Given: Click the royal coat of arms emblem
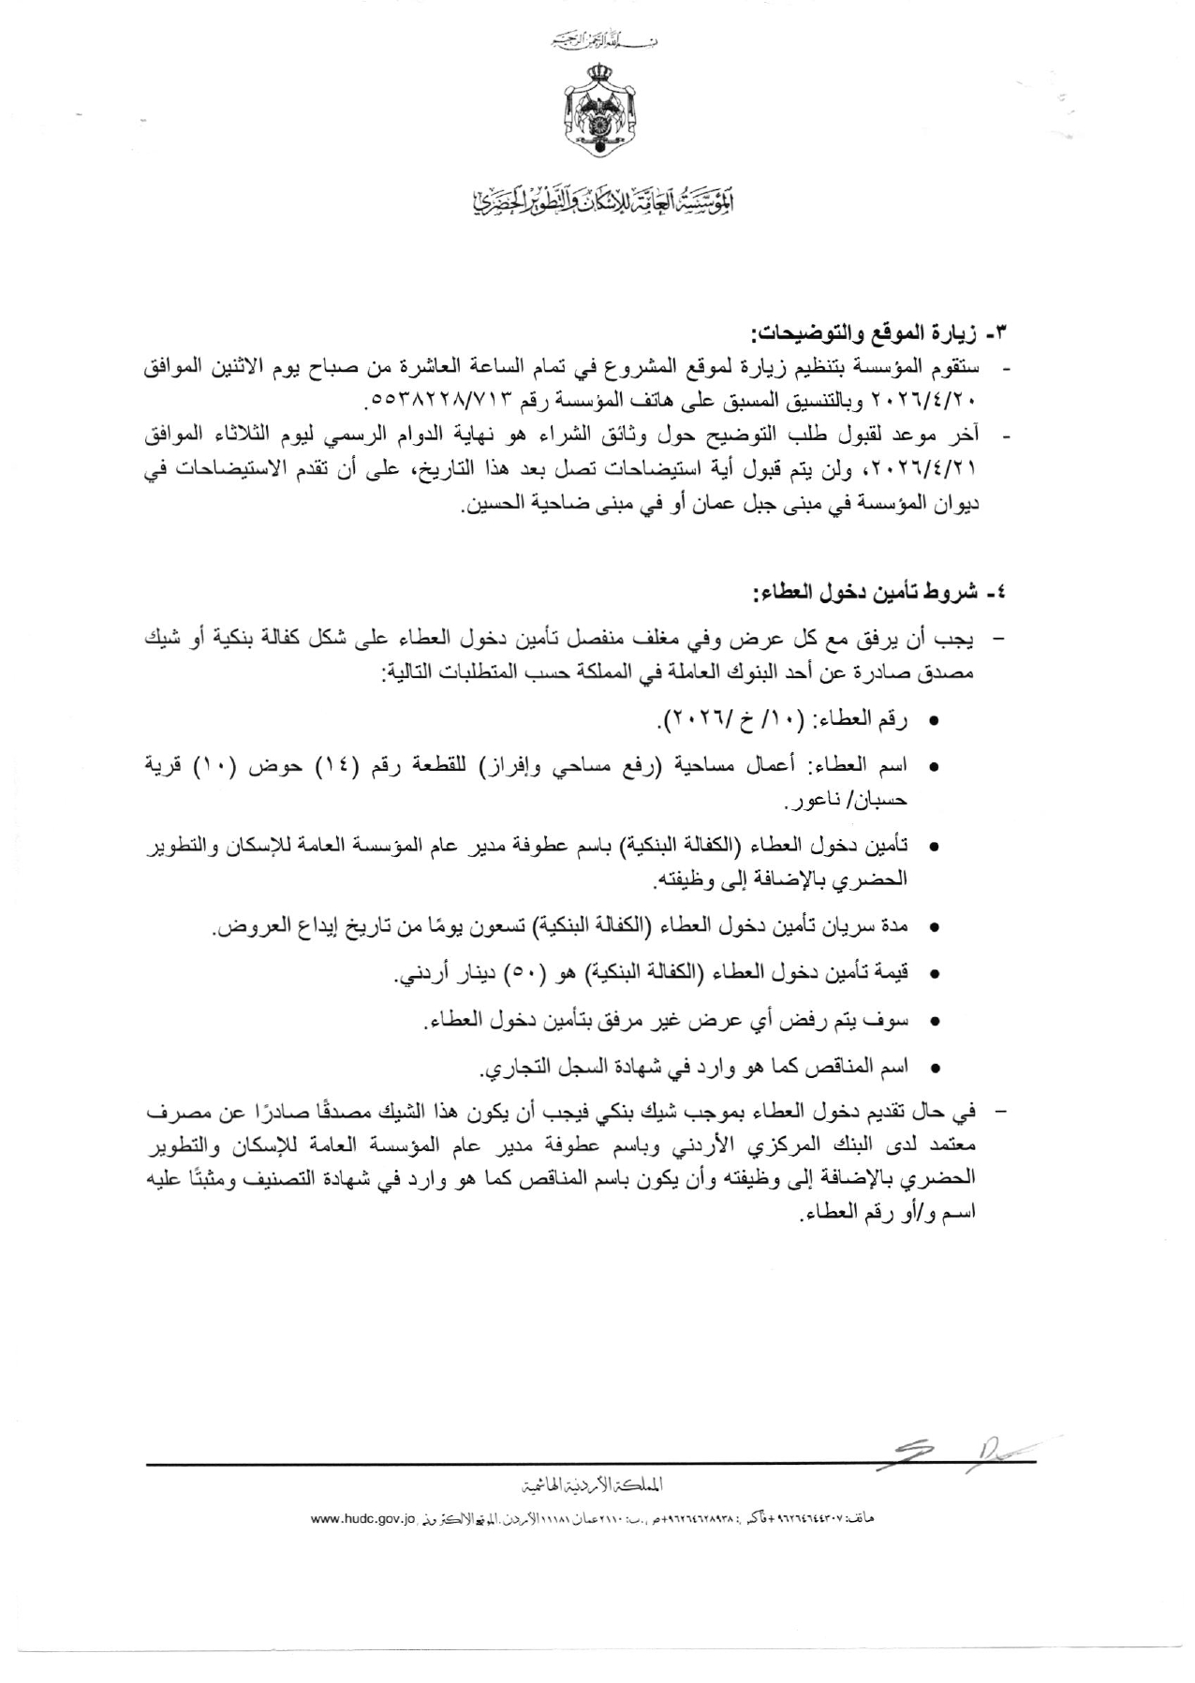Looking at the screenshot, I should (x=597, y=112).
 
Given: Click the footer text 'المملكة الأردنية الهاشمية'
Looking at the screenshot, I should (x=598, y=1484).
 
